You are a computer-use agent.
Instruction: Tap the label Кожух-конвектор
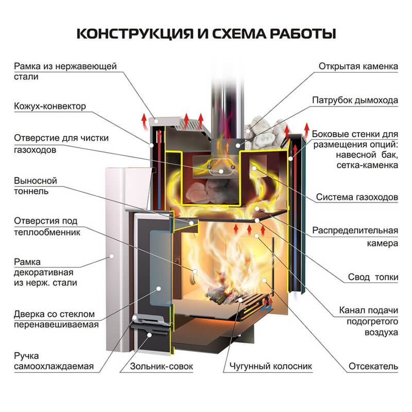tap(49, 106)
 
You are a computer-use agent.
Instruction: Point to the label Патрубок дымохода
tap(355, 100)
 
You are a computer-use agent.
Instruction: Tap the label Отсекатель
tap(373, 366)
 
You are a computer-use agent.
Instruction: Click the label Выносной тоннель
tap(36, 186)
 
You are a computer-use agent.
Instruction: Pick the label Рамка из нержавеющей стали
tap(65, 71)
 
